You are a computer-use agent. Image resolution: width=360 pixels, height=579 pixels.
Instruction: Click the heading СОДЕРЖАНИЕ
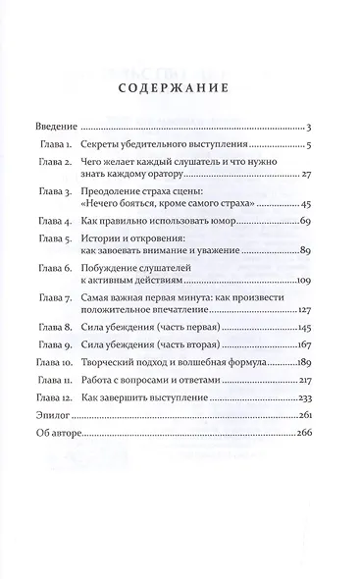180,86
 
